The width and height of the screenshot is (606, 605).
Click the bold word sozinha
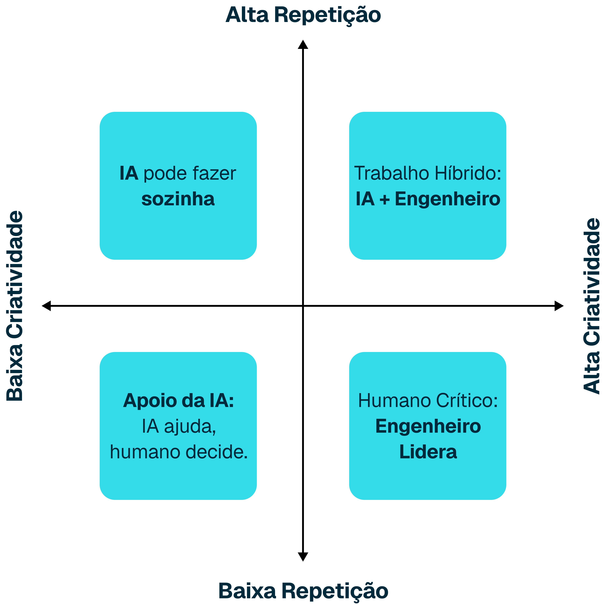click(x=178, y=199)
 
